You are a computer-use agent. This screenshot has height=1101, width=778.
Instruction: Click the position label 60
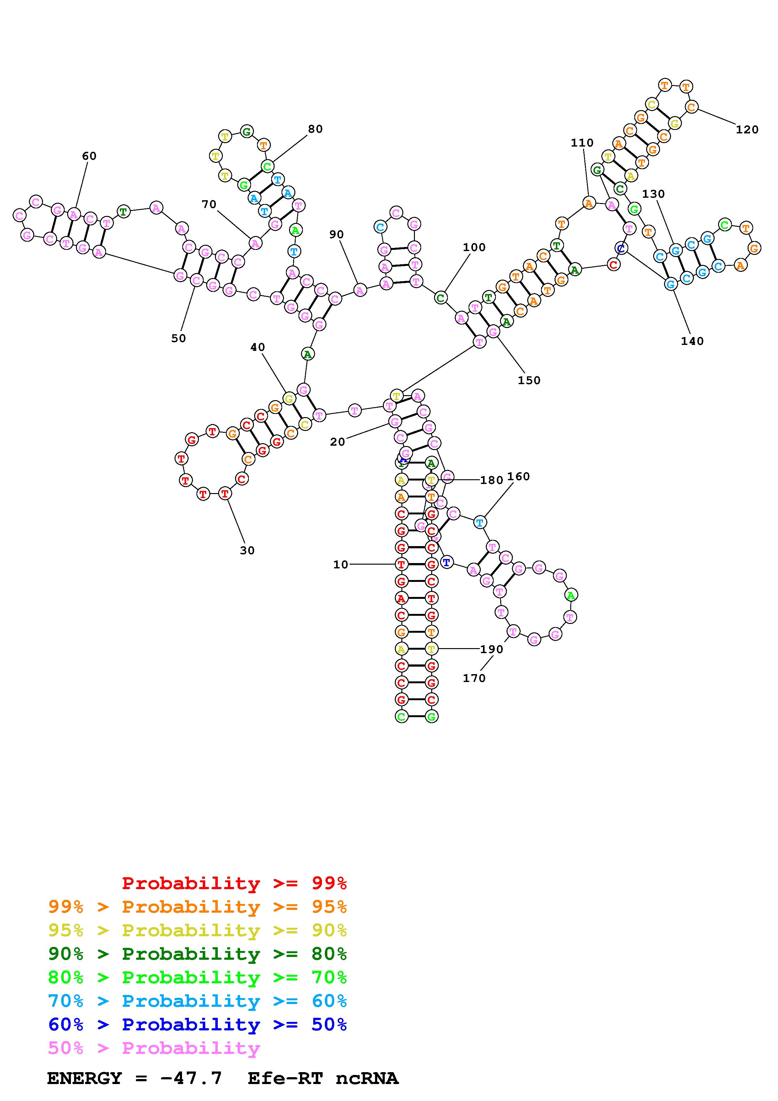[89, 156]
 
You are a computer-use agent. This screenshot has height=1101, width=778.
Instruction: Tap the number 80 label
[315, 129]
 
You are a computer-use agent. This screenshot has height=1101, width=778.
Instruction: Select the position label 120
[747, 130]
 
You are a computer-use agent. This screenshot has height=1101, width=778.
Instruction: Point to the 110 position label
[582, 142]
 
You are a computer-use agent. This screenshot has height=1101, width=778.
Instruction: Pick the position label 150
[529, 380]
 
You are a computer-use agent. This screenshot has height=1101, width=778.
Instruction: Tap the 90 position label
[336, 234]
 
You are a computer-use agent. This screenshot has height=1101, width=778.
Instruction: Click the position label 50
[178, 338]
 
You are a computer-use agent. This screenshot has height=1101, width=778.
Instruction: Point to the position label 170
[474, 678]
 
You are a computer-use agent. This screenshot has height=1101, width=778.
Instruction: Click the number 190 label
[492, 649]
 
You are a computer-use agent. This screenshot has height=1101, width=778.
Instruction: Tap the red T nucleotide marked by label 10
[401, 564]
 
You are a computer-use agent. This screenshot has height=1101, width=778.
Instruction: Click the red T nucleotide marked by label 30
[225, 493]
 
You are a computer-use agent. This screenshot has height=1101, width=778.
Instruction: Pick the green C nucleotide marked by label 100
[441, 298]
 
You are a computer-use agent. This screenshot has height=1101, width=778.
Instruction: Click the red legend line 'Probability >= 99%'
[234, 883]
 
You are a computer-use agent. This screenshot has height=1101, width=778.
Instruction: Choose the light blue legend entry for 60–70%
[197, 1001]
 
